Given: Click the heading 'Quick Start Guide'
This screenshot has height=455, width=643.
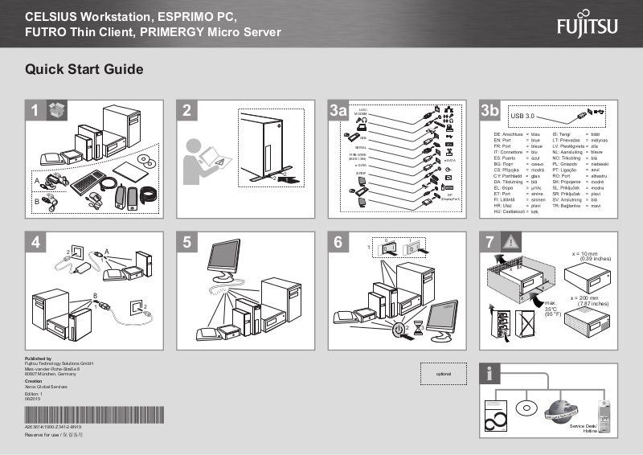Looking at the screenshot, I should pos(84,70).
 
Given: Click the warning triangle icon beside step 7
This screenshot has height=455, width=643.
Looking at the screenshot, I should pos(511,241).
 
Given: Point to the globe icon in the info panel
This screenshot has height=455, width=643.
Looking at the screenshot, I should pos(560,409).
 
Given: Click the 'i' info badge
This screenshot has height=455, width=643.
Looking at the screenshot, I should pos(489,374).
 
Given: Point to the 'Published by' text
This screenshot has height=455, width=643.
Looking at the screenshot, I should pos(39,359).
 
